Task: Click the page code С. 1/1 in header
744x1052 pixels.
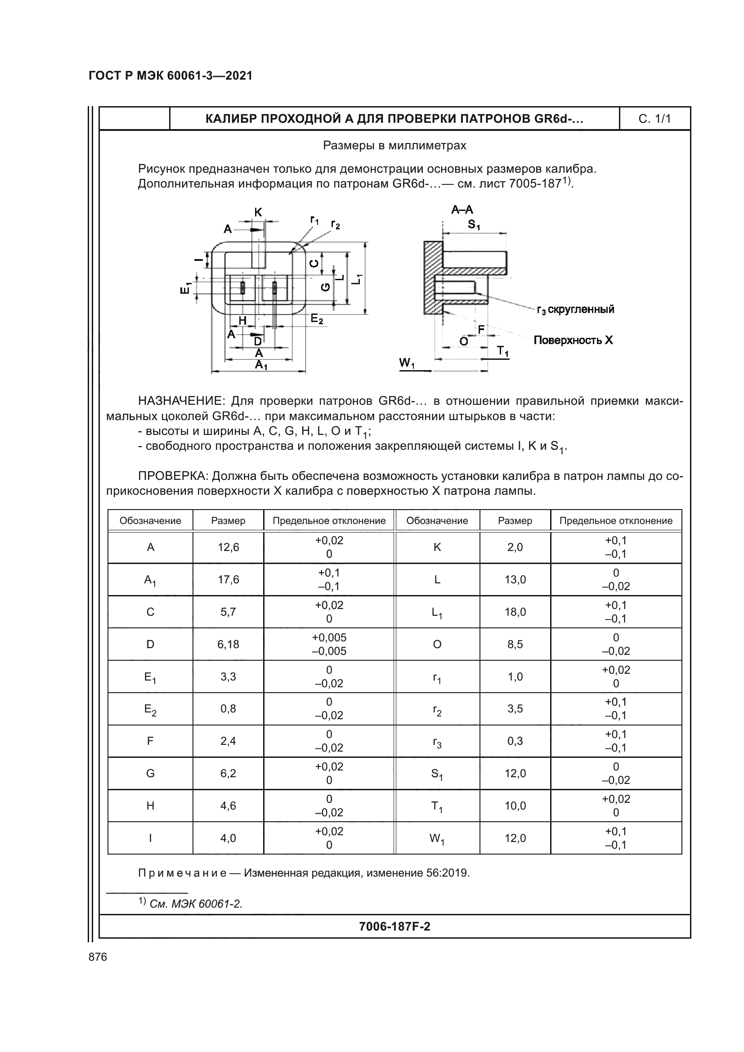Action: [654, 119]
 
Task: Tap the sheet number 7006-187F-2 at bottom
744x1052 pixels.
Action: [394, 927]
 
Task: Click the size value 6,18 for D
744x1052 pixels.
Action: [228, 644]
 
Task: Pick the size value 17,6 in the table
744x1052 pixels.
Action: [228, 580]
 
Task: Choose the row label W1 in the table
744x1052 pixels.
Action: [437, 838]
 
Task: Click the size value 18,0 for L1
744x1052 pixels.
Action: [515, 612]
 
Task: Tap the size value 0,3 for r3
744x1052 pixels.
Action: [515, 741]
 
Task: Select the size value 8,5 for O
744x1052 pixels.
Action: [515, 644]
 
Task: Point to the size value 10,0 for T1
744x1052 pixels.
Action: [515, 806]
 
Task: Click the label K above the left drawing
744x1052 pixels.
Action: [258, 212]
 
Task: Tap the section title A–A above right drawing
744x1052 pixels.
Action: [462, 210]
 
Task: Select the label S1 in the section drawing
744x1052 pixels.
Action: [474, 225]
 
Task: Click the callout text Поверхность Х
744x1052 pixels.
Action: [573, 340]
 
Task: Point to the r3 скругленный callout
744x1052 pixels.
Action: [575, 309]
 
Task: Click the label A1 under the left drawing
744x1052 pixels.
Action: [261, 365]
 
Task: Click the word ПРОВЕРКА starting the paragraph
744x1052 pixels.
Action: [174, 476]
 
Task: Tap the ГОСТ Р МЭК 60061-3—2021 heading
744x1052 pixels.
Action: [170, 76]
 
